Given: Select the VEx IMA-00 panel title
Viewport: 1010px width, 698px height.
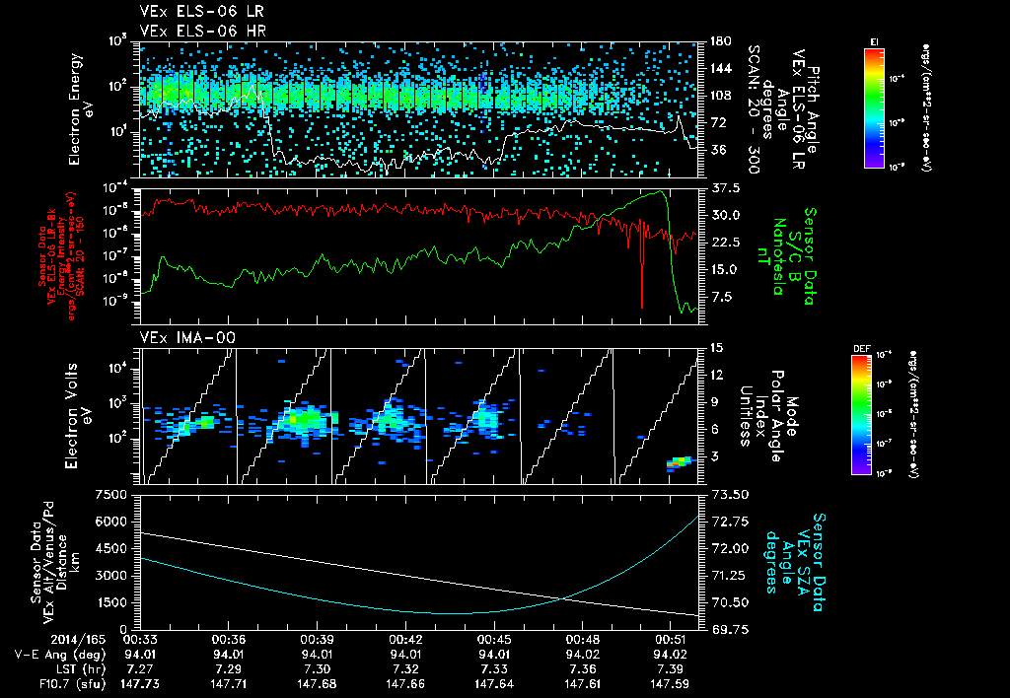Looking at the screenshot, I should [x=180, y=338].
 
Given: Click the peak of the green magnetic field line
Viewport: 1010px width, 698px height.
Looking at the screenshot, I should [x=663, y=191].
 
